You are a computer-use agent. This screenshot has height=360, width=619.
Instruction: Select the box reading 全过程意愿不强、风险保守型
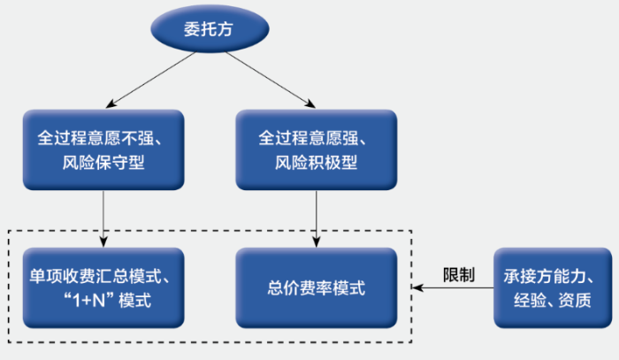click(104, 150)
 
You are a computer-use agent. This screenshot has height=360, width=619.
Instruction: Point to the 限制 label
click(459, 274)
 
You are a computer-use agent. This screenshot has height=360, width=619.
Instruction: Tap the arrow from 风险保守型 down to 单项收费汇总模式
click(105, 216)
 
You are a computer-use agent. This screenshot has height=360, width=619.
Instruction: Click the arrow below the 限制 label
click(456, 288)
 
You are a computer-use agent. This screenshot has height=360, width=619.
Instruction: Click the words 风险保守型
click(104, 164)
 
